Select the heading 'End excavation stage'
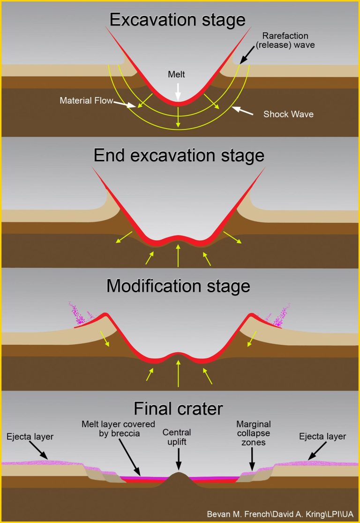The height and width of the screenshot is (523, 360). coord(179,155)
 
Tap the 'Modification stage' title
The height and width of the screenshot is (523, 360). coord(178,286)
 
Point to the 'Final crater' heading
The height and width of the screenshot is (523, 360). coord(178,409)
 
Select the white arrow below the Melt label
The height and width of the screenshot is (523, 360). coord(177,90)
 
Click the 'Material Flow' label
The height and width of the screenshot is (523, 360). coord(86,101)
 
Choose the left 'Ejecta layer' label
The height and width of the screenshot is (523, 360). coord(30,437)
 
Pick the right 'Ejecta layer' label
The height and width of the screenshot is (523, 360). coord(322,437)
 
